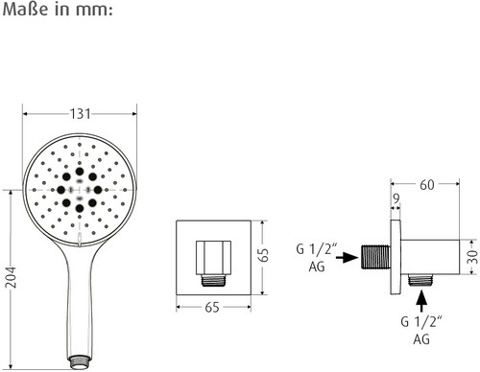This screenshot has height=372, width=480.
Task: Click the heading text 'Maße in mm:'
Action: tap(58, 10)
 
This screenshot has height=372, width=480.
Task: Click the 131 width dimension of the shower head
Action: tap(80, 114)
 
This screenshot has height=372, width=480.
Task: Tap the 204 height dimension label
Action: tap(12, 277)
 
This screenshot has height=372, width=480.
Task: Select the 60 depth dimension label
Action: tap(427, 185)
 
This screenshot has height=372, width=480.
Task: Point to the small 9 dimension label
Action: tap(396, 198)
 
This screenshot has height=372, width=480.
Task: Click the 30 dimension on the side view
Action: tap(472, 257)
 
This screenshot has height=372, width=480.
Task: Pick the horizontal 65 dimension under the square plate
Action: tap(212, 307)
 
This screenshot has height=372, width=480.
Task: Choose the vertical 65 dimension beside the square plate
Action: tap(263, 255)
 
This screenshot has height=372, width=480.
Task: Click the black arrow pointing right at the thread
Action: tap(347, 257)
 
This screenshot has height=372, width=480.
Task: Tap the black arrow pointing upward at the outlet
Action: tap(421, 300)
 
